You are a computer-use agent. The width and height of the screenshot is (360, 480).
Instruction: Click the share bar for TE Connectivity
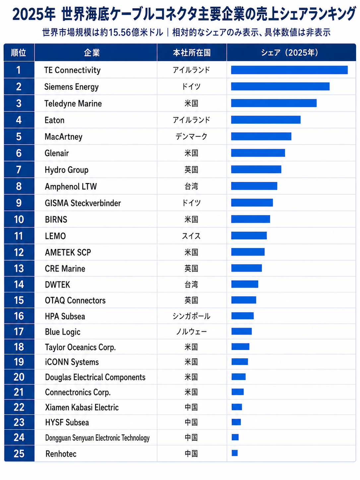point(289,70)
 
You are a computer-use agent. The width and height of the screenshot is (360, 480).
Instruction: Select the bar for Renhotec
point(235,453)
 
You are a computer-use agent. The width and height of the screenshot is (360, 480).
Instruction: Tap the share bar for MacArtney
point(261,136)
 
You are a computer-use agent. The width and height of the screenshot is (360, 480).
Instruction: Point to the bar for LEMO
point(249,235)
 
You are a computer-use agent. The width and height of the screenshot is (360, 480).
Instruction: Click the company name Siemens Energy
point(72,87)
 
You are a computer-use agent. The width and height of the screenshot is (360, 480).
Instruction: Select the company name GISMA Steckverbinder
point(83,203)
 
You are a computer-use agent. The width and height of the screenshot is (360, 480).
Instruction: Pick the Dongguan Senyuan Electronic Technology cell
point(97,438)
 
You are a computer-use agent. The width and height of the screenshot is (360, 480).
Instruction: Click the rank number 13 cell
point(19,268)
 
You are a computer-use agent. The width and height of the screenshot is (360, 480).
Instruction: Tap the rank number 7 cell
point(19,170)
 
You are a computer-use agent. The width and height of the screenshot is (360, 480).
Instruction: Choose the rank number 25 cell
point(19,453)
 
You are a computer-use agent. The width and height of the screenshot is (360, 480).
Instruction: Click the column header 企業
point(92,53)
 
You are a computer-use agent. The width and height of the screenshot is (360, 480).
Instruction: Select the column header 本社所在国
point(192,53)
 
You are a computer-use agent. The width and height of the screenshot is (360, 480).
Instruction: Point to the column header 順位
point(19,53)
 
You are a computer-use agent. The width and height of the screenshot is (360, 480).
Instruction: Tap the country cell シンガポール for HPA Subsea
point(192,316)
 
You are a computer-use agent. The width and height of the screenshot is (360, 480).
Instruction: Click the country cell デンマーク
point(192,137)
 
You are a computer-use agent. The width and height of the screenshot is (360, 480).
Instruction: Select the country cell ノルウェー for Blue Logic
point(192,332)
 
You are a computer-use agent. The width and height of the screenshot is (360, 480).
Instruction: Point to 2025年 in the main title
point(34,15)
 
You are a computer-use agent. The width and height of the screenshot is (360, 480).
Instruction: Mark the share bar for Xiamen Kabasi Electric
point(237,407)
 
